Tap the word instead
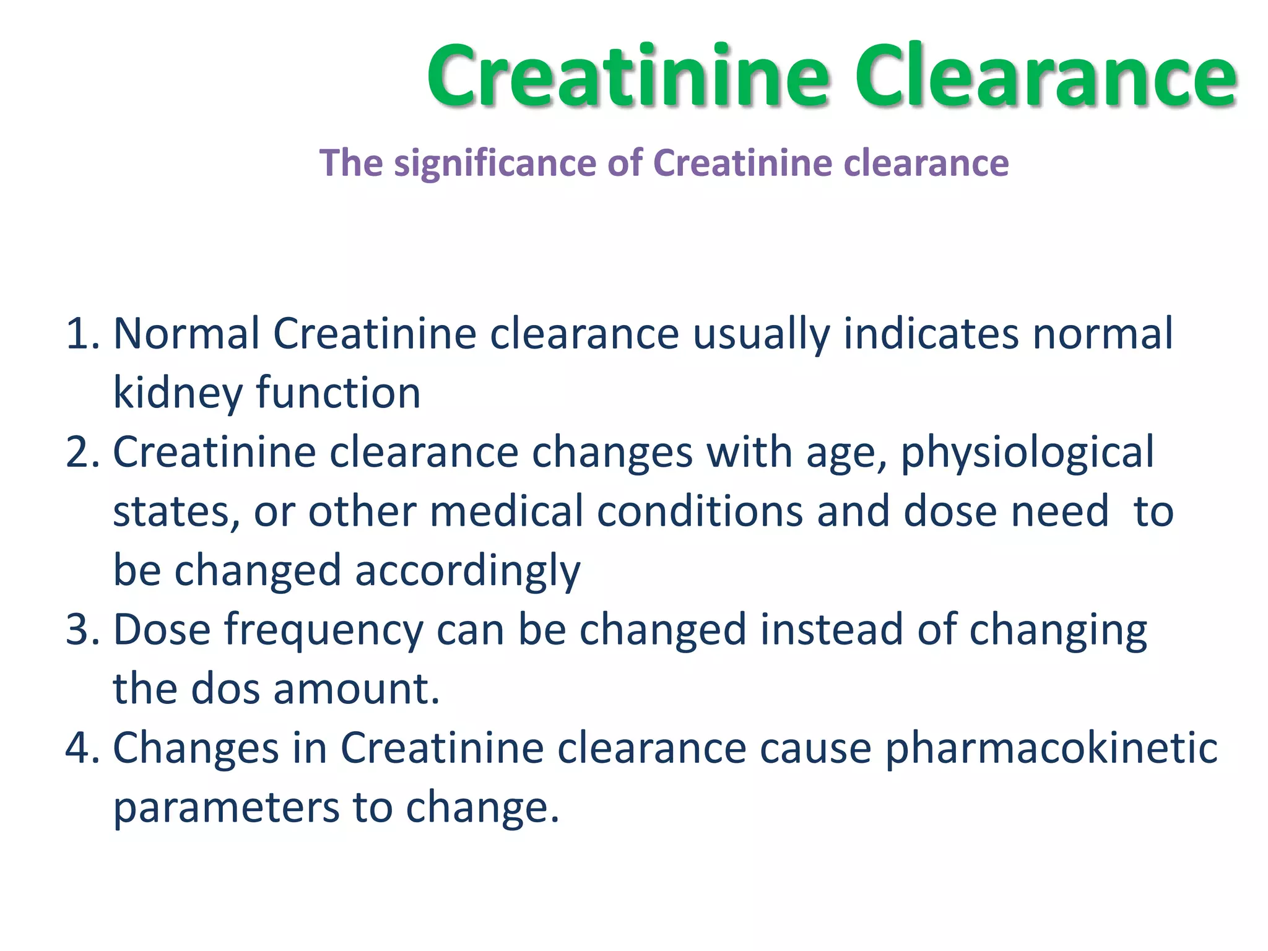(832, 630)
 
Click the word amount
(356, 689)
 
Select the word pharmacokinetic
(1051, 748)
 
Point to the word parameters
(226, 808)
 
